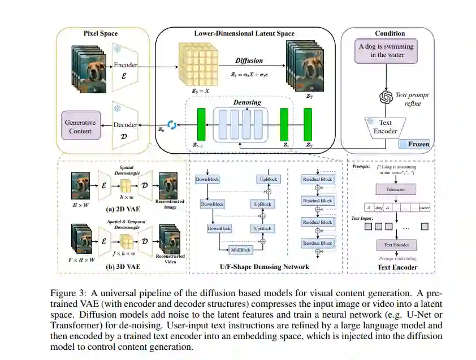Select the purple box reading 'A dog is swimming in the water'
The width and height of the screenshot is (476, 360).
point(386,50)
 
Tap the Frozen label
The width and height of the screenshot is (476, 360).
point(418,144)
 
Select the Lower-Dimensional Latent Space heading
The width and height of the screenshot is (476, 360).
point(244,33)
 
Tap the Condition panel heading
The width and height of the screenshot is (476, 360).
point(390,33)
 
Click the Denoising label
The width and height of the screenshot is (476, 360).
point(247,102)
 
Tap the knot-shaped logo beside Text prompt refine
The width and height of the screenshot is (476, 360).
point(386,98)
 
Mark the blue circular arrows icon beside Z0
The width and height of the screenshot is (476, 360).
point(172,125)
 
